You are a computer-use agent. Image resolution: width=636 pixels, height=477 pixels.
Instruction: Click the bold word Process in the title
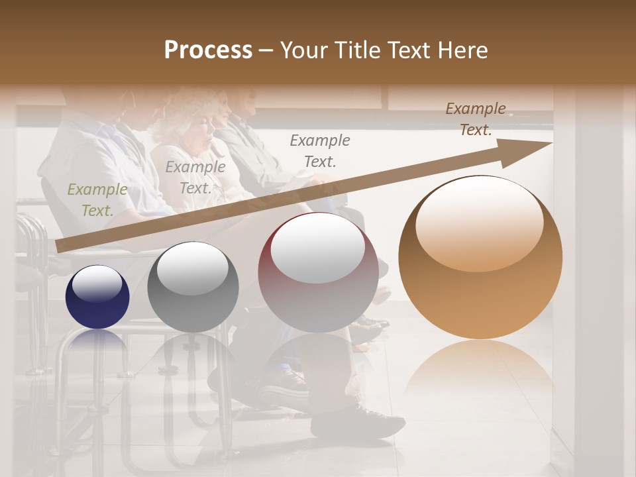pos(208,50)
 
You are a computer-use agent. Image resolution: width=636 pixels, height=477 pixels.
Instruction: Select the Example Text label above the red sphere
pos(320,150)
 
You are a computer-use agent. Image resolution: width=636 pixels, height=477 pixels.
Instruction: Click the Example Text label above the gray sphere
pos(195,177)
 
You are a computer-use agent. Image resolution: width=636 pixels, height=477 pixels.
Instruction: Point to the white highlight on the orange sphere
pos(479,224)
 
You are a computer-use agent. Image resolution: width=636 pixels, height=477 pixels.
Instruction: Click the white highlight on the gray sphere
pos(192,268)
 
